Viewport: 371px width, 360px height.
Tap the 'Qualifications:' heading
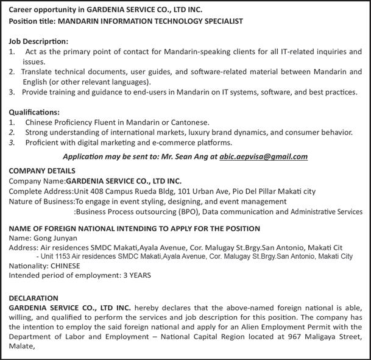point(34,112)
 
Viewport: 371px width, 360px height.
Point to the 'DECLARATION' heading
point(34,298)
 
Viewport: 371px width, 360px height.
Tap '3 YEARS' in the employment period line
point(137,275)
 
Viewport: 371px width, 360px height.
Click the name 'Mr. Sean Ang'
point(188,157)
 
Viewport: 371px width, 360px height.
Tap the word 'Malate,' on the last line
point(23,348)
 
